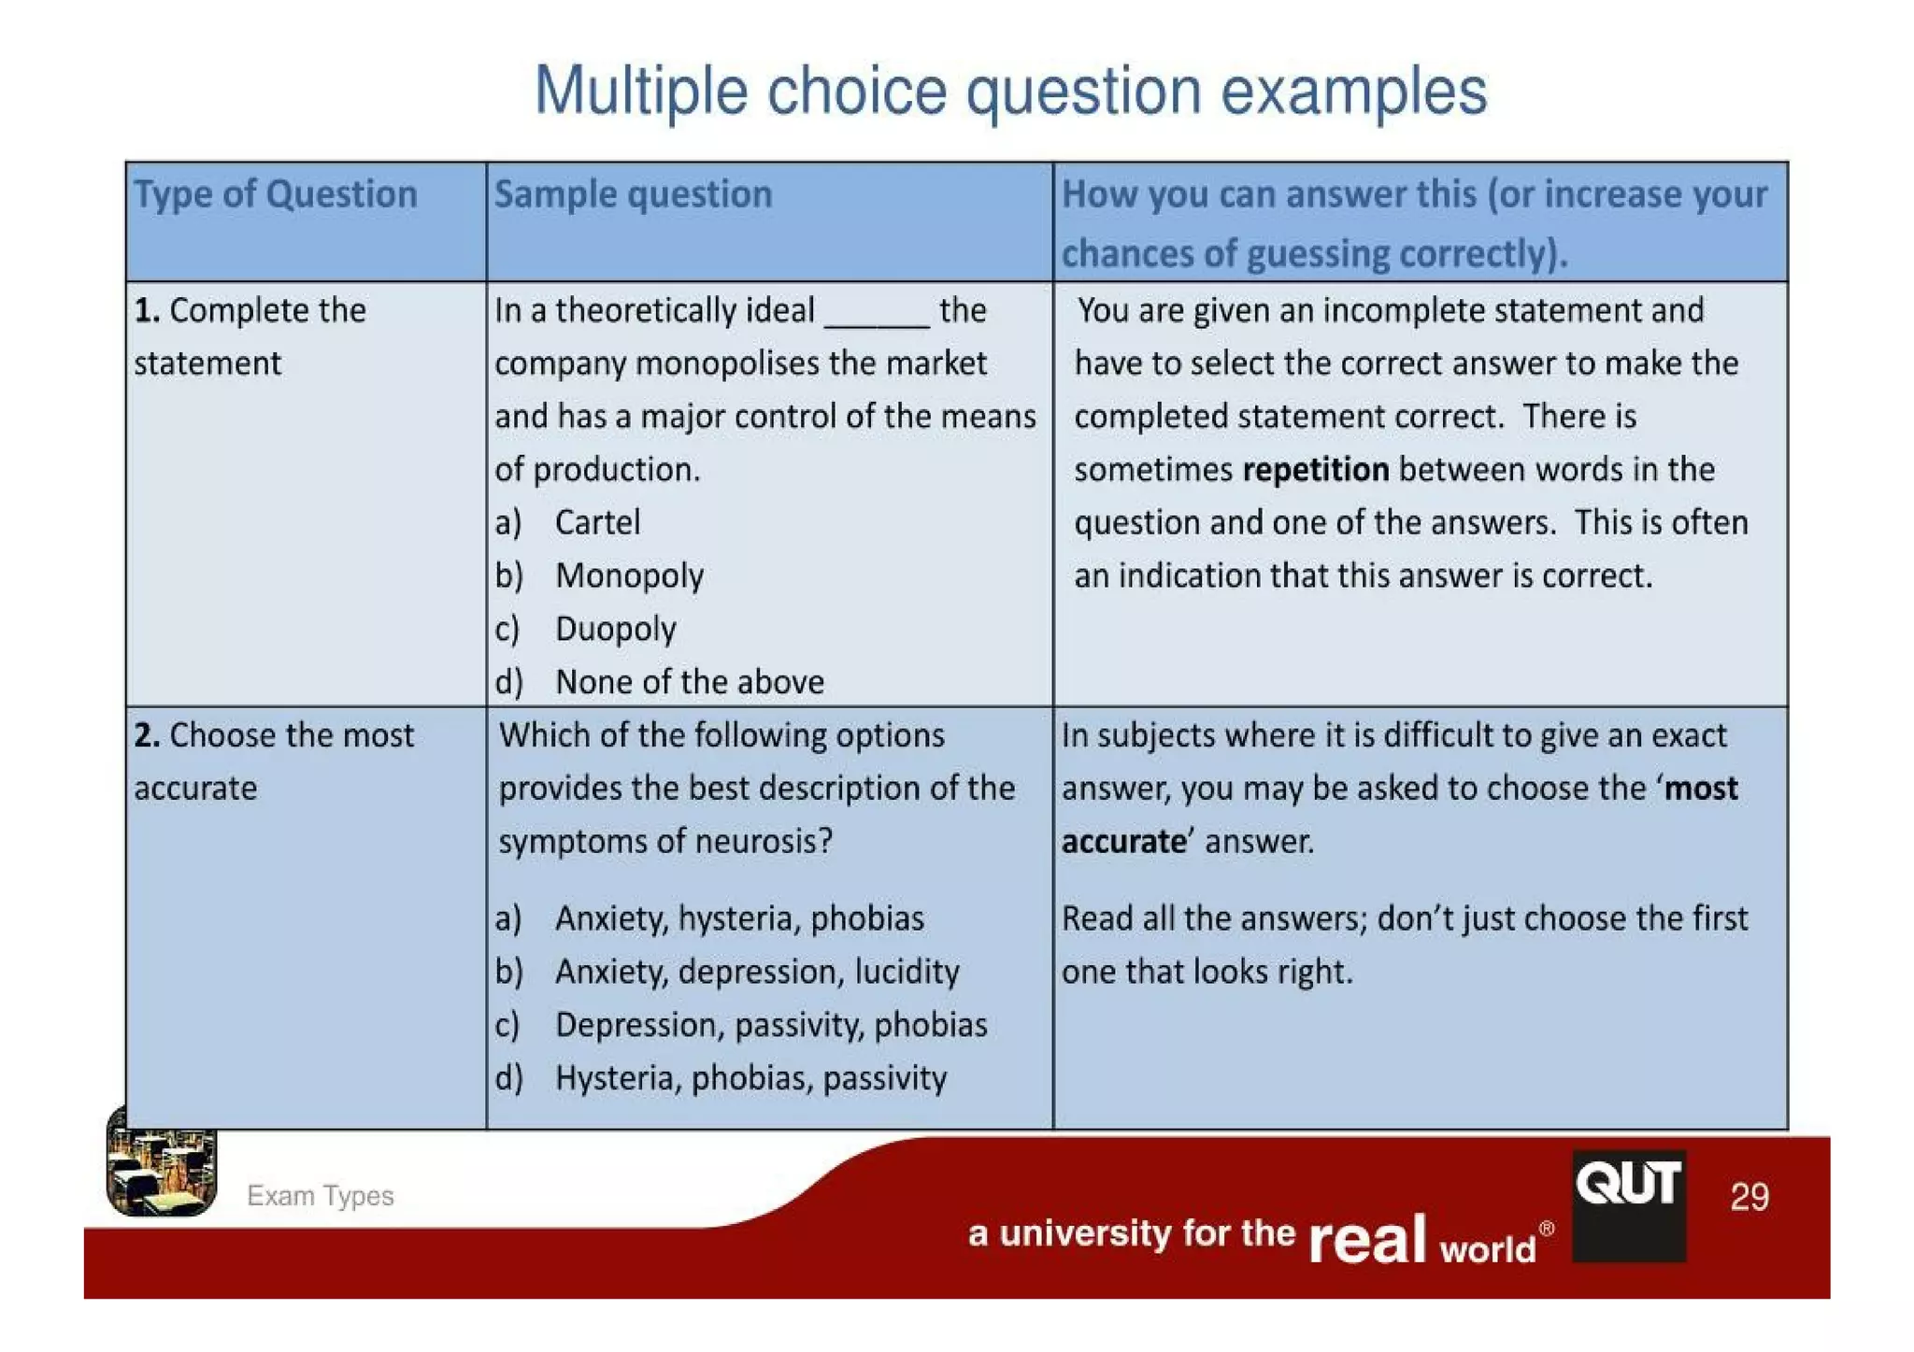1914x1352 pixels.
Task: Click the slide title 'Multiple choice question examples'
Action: tap(1009, 92)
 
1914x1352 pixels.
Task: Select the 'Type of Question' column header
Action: tap(276, 194)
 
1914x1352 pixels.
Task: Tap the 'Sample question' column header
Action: tap(633, 194)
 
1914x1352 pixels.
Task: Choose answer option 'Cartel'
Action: tap(597, 522)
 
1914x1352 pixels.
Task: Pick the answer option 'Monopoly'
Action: tap(629, 576)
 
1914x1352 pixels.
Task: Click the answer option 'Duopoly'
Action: tap(615, 629)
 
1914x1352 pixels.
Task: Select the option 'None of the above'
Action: tap(689, 682)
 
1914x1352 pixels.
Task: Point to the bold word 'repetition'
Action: tap(1315, 469)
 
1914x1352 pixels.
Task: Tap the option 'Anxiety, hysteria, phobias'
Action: tap(738, 918)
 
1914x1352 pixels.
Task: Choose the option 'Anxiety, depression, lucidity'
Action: tap(756, 972)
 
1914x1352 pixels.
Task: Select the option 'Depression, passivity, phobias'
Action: tap(770, 1025)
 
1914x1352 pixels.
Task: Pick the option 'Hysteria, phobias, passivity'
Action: tap(750, 1078)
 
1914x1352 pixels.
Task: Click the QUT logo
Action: tap(1628, 1204)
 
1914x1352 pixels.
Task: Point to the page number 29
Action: tap(1749, 1197)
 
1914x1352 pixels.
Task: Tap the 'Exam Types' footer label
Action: tap(320, 1196)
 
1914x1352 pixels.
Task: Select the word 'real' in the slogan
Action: tap(1367, 1239)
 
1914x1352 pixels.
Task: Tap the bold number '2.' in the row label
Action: tap(147, 735)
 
